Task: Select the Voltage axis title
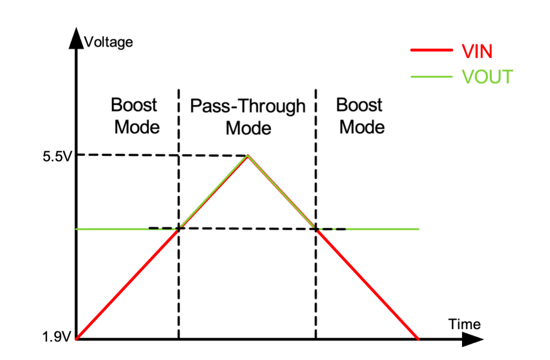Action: tap(109, 42)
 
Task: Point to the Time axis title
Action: tap(464, 324)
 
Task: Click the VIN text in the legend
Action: tap(477, 52)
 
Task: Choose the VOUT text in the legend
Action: tap(486, 77)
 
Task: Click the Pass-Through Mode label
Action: tap(248, 117)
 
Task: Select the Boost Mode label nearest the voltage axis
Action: tap(135, 116)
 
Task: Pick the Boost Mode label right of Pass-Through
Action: tap(360, 116)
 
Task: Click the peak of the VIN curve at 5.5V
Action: tap(248, 156)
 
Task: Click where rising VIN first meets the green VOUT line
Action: tap(179, 229)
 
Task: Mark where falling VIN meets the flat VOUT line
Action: tap(316, 229)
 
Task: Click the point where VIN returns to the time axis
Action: tap(418, 339)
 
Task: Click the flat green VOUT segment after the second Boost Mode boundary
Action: tap(380, 229)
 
